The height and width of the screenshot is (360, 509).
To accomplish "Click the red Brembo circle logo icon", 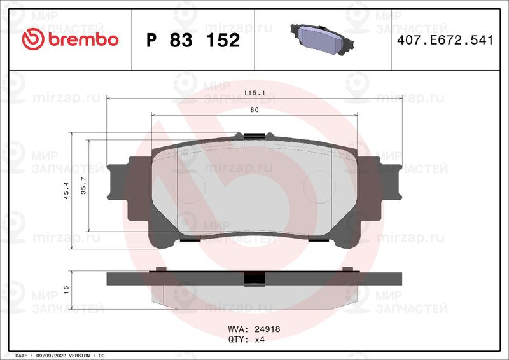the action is tap(33, 39).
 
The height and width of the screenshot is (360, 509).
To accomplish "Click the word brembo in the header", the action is tap(83, 39).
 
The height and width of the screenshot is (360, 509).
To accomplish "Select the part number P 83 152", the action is tap(193, 40).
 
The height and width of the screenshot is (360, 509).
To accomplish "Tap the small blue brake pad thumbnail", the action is tap(322, 39).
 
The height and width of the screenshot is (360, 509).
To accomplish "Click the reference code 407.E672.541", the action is tap(445, 40).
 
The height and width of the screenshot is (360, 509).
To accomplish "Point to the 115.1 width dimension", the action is tap(254, 93).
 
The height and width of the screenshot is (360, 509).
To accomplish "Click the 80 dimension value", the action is tap(254, 110).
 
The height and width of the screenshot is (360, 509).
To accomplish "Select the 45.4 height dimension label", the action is tap(66, 190).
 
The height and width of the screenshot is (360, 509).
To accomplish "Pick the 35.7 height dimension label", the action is tap(83, 186).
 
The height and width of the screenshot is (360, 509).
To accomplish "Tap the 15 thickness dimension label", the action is tap(66, 289).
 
